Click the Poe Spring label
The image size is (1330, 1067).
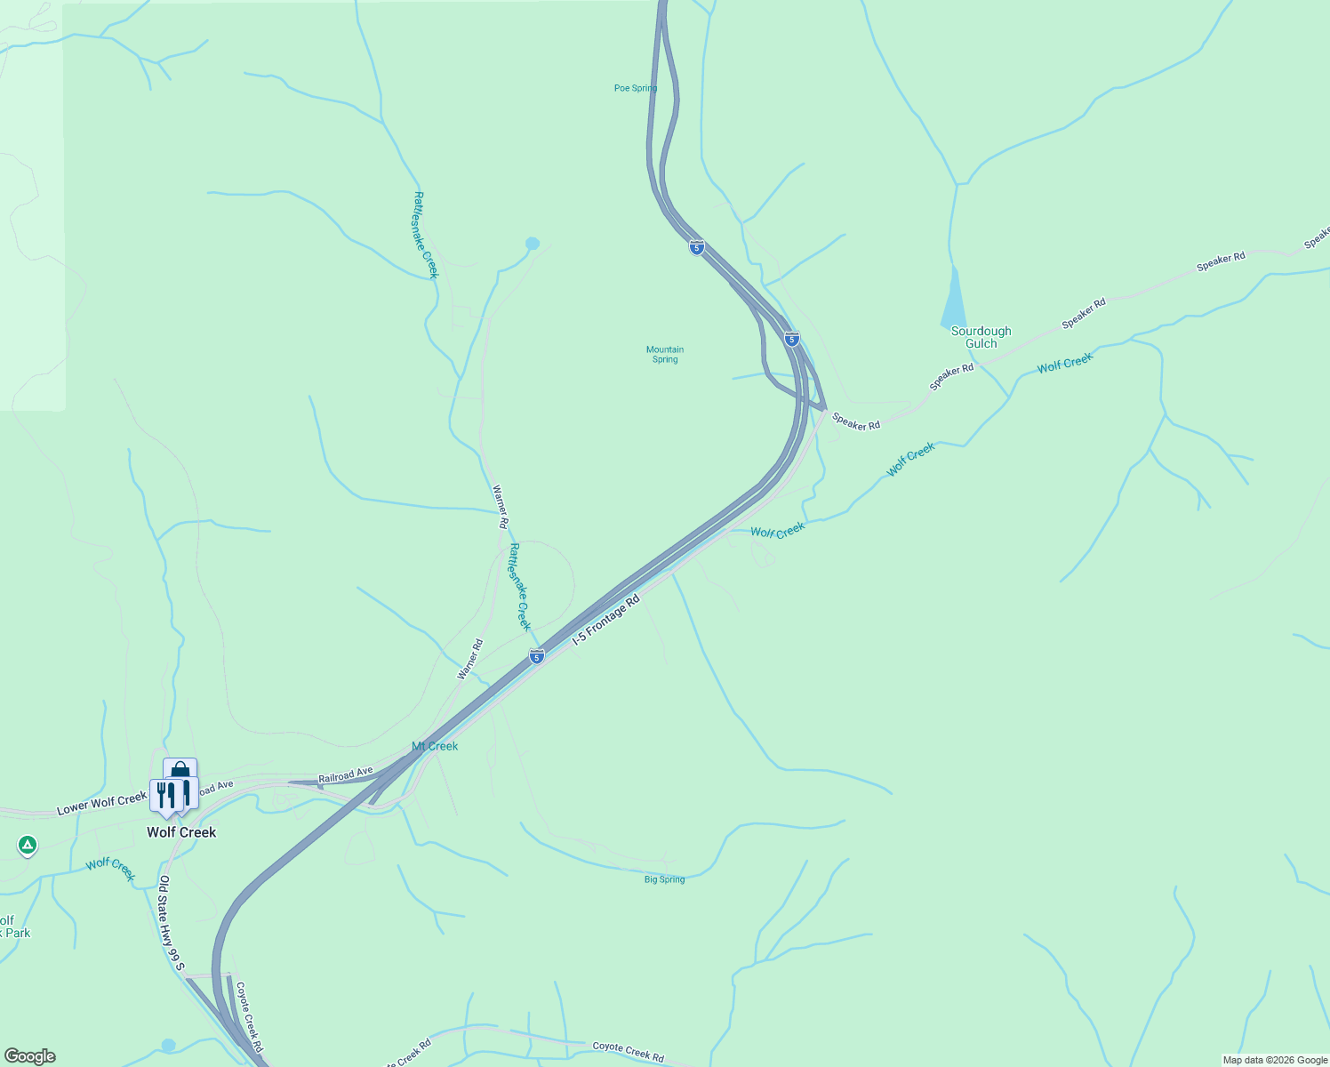click(x=636, y=88)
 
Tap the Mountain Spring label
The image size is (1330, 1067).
click(x=665, y=354)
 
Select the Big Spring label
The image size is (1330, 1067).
click(x=665, y=879)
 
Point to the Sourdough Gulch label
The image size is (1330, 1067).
click(x=981, y=337)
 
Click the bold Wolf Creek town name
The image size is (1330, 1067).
click(x=181, y=832)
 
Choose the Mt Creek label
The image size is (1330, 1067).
click(x=435, y=746)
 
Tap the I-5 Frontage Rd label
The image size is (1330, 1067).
click(x=605, y=620)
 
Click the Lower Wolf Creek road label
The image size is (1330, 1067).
click(x=101, y=803)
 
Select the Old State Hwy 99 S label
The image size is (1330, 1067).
click(x=171, y=923)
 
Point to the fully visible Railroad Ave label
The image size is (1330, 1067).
click(x=346, y=775)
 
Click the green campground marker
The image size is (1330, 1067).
click(x=28, y=845)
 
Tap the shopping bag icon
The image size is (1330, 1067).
click(x=180, y=769)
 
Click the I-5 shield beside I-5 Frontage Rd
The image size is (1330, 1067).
click(x=537, y=657)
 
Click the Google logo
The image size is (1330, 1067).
click(x=30, y=1056)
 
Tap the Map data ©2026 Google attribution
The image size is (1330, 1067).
click(x=1274, y=1060)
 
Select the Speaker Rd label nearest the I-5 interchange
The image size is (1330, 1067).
click(x=856, y=421)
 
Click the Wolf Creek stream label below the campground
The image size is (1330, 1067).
click(x=111, y=869)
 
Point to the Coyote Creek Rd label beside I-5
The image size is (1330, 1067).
click(x=249, y=1011)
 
